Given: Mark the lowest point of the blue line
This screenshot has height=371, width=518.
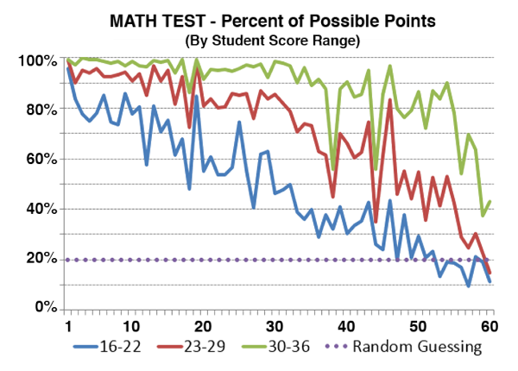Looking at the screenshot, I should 469,286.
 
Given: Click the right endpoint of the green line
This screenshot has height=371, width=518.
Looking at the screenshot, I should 490,201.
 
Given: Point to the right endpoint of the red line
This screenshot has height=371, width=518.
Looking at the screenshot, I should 490,273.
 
